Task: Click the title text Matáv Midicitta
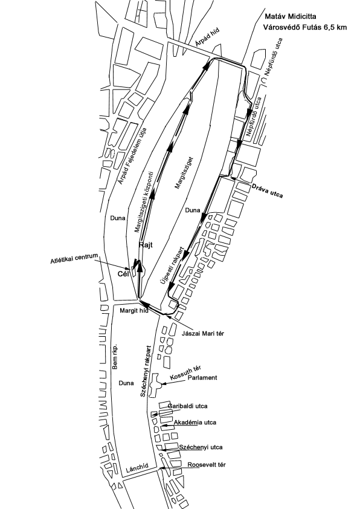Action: pyautogui.click(x=291, y=16)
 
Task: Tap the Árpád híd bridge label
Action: pyautogui.click(x=208, y=37)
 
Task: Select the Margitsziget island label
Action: pyautogui.click(x=184, y=173)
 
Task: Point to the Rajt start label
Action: pyautogui.click(x=146, y=245)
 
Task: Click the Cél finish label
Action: pyautogui.click(x=123, y=274)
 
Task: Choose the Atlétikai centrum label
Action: pyautogui.click(x=74, y=259)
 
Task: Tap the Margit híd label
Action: pyautogui.click(x=134, y=311)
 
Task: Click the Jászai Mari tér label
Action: pyautogui.click(x=203, y=333)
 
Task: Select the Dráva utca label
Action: pyautogui.click(x=267, y=191)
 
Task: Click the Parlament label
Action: pyautogui.click(x=203, y=378)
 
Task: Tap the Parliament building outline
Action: pyautogui.click(x=155, y=385)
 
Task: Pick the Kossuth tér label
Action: pyautogui.click(x=185, y=372)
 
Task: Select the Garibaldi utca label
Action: pyautogui.click(x=188, y=406)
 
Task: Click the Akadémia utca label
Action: pyautogui.click(x=195, y=423)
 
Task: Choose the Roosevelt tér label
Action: pyautogui.click(x=207, y=465)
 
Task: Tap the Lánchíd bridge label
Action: pyautogui.click(x=137, y=468)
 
